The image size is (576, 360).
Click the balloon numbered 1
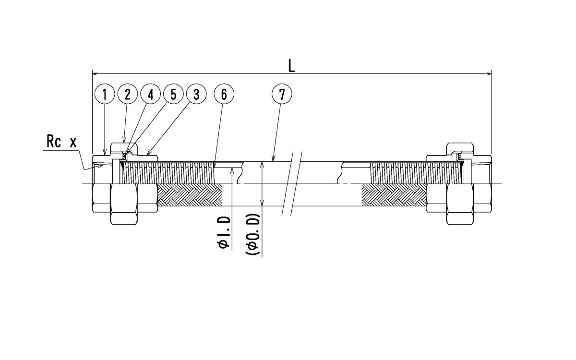(x=105, y=95)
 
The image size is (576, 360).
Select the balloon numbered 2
(x=128, y=95)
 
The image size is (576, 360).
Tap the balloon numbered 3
(x=196, y=95)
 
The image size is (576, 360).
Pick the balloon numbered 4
(x=151, y=95)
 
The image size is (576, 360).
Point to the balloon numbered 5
(x=173, y=95)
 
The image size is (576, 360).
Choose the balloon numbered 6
(x=224, y=95)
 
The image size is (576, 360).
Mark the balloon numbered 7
(x=282, y=95)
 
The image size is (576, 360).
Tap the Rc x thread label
(x=61, y=142)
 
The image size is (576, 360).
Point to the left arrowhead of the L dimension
(x=94, y=73)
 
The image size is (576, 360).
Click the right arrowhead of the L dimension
(x=489, y=73)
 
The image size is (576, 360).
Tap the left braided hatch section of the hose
(x=190, y=195)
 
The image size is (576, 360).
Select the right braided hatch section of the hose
(x=394, y=195)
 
